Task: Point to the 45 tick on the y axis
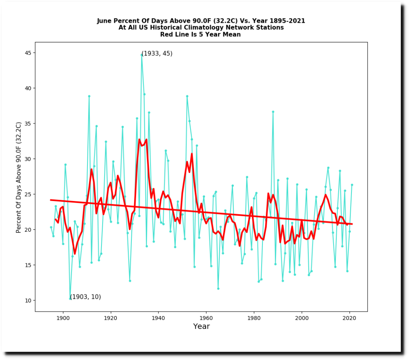coord(34,53)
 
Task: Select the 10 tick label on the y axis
coord(28,300)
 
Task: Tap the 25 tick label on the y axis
coord(28,195)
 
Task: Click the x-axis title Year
coord(201,326)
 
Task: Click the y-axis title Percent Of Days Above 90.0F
coord(19,177)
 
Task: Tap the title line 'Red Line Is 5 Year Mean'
coord(201,34)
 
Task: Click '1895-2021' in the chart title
coord(285,21)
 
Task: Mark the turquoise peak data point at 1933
coord(141,55)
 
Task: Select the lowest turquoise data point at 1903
coord(70,298)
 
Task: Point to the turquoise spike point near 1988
coord(273,112)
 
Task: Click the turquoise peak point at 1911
coord(89,96)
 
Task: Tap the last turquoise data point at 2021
coord(352,185)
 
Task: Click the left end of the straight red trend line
coord(51,200)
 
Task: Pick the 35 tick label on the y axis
coord(28,123)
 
